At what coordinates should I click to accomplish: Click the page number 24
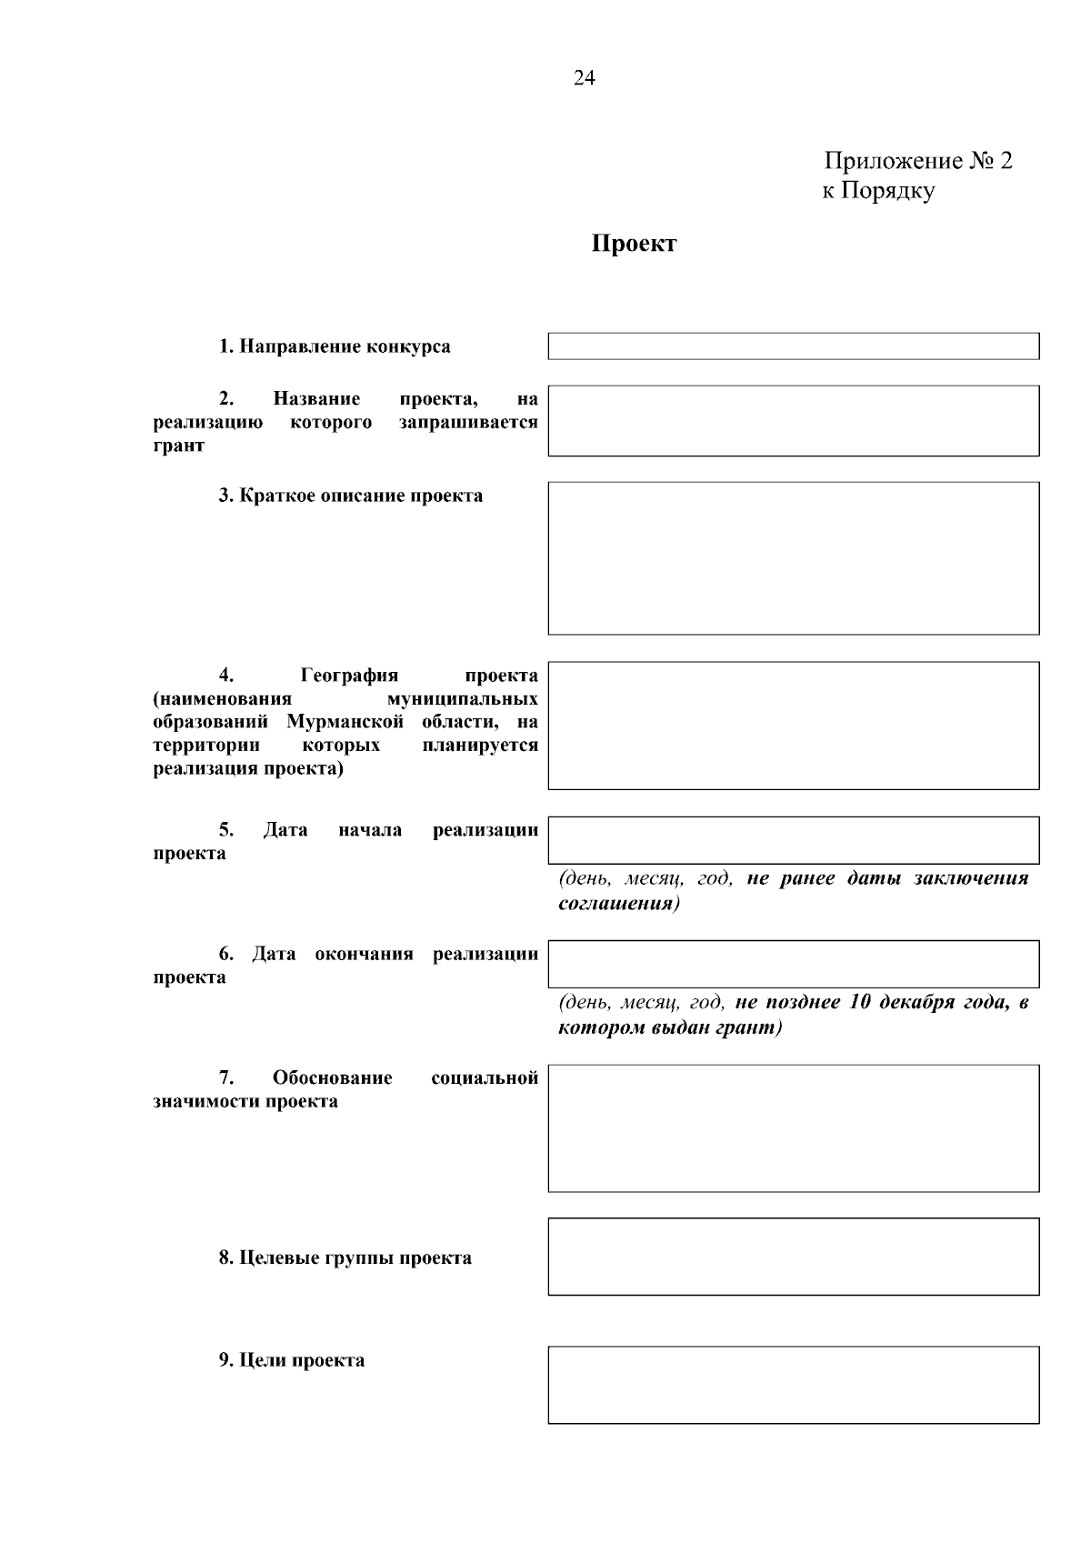(584, 79)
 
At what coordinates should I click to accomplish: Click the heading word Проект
(634, 244)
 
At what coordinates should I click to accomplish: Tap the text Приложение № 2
(918, 161)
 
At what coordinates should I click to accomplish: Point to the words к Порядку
(878, 191)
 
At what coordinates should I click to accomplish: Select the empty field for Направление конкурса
(793, 346)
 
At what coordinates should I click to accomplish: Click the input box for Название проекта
(793, 421)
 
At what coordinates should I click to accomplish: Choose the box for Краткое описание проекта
(793, 557)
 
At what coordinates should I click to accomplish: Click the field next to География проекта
(793, 725)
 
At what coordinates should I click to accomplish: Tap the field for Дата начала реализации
(793, 839)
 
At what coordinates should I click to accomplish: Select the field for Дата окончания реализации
(793, 964)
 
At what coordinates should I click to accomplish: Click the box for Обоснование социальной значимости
(793, 1127)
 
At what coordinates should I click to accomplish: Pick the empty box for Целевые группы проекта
(793, 1256)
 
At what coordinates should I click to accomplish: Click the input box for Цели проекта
(793, 1384)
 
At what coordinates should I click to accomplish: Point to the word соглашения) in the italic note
(618, 904)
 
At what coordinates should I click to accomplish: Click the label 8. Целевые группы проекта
(345, 1258)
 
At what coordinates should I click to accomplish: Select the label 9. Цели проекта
(291, 1360)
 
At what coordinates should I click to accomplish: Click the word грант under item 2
(179, 446)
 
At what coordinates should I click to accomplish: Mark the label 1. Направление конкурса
(334, 346)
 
